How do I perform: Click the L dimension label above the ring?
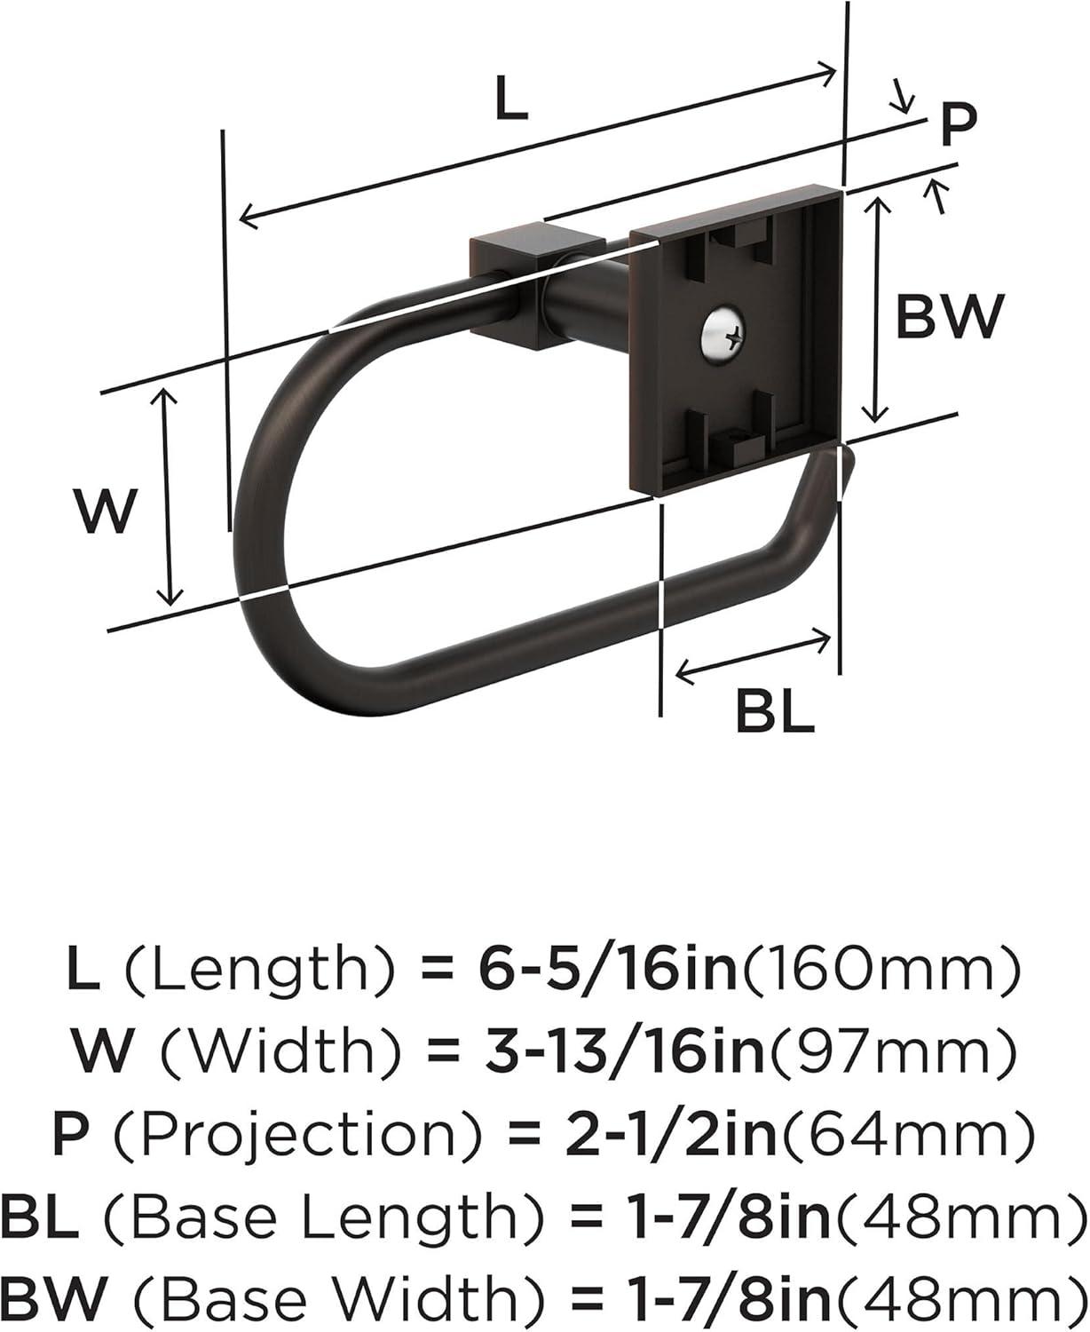point(510,99)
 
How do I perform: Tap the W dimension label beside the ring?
point(107,511)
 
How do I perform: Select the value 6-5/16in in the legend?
point(608,971)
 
